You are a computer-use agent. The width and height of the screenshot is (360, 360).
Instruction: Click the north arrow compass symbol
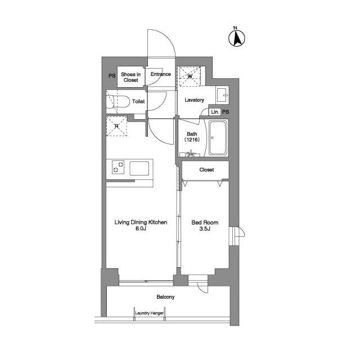[237, 38]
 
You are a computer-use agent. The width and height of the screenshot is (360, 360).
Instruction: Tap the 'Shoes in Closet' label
[131, 77]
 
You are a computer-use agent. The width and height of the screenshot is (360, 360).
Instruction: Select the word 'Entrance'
[161, 74]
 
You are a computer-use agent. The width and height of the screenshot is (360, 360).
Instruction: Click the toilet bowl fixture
[118, 101]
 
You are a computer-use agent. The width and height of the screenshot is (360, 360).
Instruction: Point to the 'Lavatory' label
[194, 100]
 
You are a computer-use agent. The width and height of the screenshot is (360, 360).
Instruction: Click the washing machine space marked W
[190, 76]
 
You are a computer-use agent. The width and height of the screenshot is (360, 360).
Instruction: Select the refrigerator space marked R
[116, 126]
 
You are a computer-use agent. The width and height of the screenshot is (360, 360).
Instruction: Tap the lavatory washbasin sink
[222, 95]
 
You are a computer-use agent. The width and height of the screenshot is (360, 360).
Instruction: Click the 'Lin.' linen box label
[215, 112]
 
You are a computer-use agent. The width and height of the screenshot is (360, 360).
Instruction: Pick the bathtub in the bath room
[218, 138]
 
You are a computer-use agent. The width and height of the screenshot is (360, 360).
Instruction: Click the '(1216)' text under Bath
[192, 139]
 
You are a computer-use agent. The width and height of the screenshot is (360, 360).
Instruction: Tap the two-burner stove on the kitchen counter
[118, 167]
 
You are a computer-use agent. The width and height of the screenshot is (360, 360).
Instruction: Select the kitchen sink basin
[139, 168]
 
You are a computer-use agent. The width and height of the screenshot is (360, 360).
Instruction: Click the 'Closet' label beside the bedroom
[206, 170]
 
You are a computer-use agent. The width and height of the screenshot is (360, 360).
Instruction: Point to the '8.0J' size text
[141, 228]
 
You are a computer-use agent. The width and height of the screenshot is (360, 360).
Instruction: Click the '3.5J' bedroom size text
[205, 229]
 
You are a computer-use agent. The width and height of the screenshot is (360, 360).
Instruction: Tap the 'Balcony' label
[165, 297]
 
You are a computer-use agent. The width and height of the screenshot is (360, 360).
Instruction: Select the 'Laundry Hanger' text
[150, 313]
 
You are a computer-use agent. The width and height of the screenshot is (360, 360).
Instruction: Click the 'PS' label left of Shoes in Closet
[112, 75]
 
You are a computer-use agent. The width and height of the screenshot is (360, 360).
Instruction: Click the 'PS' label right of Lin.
[226, 112]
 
